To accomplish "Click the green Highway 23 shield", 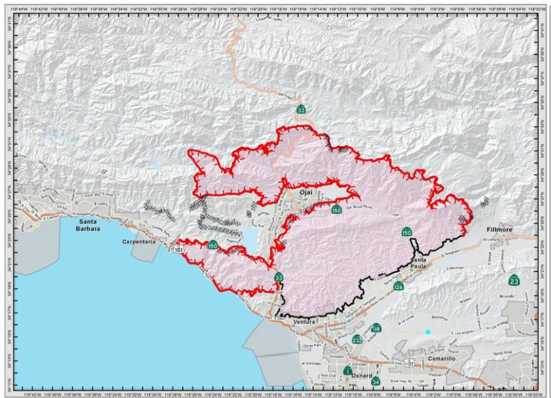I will pos(514,278).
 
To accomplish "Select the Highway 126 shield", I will pos(398,287).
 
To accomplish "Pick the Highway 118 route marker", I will pos(376,328).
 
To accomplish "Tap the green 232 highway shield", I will pos(357,340).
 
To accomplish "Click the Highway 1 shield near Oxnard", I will pos(347,370).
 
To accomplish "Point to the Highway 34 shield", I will pos(376,380).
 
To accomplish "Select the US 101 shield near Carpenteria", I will pos(181,249).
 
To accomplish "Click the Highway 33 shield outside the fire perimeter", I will pos(301,109).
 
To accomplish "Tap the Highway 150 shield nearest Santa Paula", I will pos(407,232).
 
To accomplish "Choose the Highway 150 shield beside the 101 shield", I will pos(213,245).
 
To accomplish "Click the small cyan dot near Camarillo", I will pos(428,332).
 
